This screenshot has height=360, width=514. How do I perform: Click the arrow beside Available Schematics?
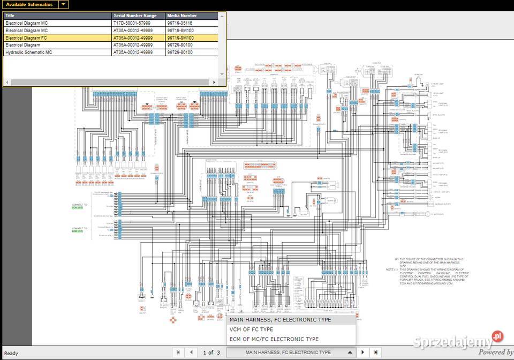(63, 4)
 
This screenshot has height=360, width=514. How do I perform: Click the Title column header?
(57, 16)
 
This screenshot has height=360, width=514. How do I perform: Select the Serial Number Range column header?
(138, 16)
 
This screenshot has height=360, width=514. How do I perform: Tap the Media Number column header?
(191, 16)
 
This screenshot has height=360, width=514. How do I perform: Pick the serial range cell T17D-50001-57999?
(132, 24)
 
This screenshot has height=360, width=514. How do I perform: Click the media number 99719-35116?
(180, 24)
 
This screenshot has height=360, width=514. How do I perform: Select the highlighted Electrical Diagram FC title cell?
(27, 38)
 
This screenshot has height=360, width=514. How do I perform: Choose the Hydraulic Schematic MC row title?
(29, 52)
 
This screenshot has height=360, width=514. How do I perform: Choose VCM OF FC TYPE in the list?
(251, 329)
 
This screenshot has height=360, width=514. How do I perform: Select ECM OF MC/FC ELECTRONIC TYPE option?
(274, 339)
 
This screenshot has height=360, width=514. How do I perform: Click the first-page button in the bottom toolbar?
(179, 352)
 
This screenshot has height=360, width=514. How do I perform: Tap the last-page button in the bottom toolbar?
(376, 352)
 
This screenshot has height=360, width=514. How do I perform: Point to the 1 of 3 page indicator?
(211, 352)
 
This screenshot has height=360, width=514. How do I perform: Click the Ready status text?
(11, 353)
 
